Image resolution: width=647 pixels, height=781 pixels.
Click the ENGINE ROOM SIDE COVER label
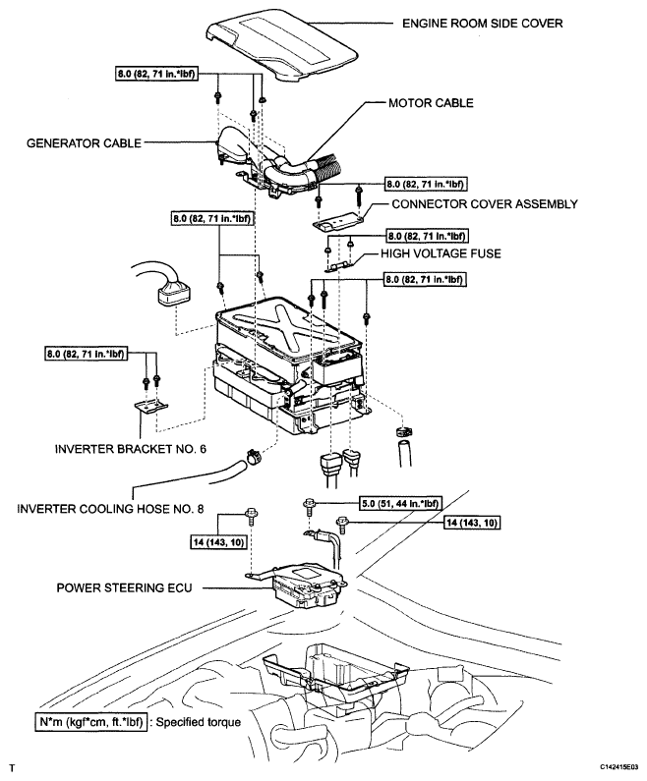coord(482,24)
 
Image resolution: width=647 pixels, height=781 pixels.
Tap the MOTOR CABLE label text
coord(431,103)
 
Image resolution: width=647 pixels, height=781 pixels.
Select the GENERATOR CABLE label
coord(84,143)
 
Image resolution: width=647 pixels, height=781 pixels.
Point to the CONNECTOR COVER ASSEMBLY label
coord(485,204)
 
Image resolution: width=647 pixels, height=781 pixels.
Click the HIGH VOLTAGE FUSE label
coord(441,253)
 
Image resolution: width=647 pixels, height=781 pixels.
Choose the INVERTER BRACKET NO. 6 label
coord(130,449)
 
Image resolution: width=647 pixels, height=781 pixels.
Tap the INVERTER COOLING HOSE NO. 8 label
coord(110,509)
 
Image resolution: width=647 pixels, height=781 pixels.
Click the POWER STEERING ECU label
coord(124,587)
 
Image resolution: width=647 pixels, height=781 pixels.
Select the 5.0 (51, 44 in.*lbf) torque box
coord(400,504)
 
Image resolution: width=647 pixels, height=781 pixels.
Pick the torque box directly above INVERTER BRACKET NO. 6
coord(85,354)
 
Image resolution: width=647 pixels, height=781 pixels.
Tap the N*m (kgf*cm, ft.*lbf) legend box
coord(91,722)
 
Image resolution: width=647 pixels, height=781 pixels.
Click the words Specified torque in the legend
coord(199,722)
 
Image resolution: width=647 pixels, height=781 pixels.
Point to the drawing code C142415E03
coord(618,766)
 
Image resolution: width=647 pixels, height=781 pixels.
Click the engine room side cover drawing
coord(281,43)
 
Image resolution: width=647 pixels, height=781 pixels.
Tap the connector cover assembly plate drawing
coord(338,222)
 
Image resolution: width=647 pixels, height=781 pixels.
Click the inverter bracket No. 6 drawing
coord(151,406)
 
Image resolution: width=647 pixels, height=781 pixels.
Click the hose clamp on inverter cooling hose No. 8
coord(254,456)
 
